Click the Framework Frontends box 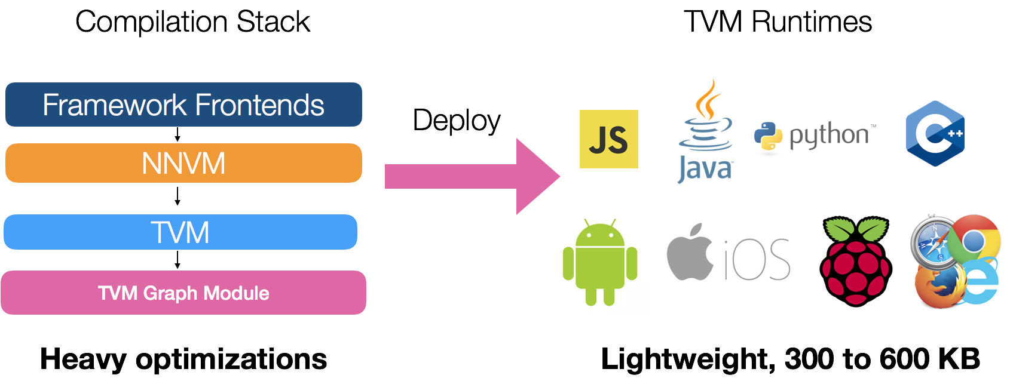pyautogui.click(x=183, y=105)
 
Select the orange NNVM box pyautogui.click(x=183, y=163)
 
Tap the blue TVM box pyautogui.click(x=180, y=232)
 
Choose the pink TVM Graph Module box pyautogui.click(x=183, y=293)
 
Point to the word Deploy pyautogui.click(x=457, y=121)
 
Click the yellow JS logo pyautogui.click(x=608, y=139)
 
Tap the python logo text pyautogui.click(x=828, y=136)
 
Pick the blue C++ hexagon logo pyautogui.click(x=935, y=133)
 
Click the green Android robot pyautogui.click(x=600, y=262)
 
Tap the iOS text pyautogui.click(x=757, y=260)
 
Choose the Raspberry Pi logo pyautogui.click(x=856, y=262)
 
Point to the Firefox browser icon pyautogui.click(x=938, y=287)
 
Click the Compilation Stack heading pyautogui.click(x=192, y=22)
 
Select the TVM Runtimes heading pyautogui.click(x=778, y=22)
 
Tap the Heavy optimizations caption pyautogui.click(x=183, y=359)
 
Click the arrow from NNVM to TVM pyautogui.click(x=177, y=196)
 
